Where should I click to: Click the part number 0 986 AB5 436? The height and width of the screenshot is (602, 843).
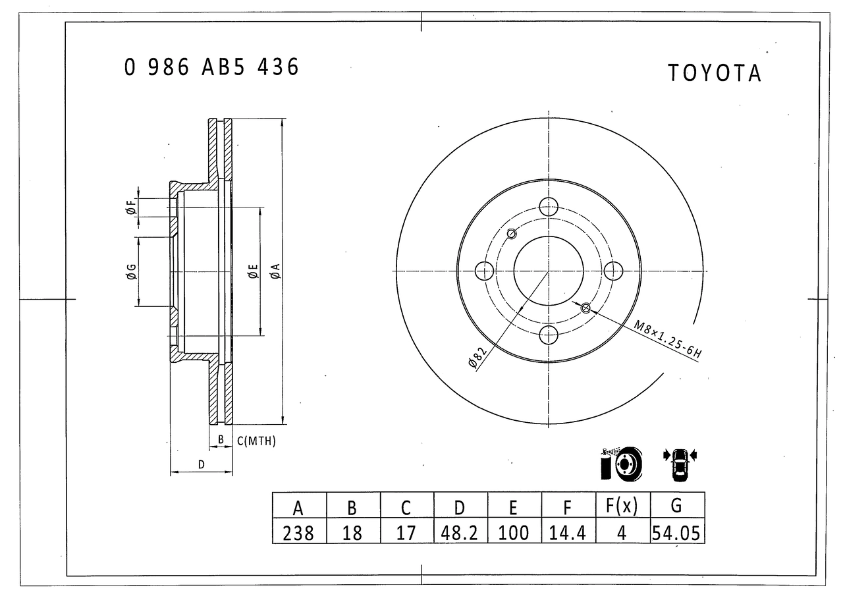tap(211, 67)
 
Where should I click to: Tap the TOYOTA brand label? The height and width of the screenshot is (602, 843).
tap(715, 73)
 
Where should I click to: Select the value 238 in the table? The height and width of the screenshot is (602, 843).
tap(298, 533)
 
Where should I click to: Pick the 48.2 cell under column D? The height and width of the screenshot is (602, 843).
tap(459, 533)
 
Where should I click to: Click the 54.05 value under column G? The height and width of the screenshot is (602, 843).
tap(676, 533)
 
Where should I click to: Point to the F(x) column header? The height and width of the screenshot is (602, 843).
tap(622, 505)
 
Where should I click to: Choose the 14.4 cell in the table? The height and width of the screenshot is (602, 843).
tap(568, 533)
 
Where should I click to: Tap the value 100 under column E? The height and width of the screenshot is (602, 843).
tap(513, 533)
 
